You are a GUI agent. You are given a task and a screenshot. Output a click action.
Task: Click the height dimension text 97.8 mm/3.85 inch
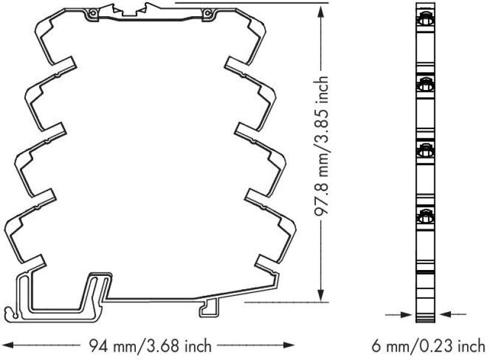[324, 146]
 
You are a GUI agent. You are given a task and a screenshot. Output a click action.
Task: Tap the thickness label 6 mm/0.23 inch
[427, 346]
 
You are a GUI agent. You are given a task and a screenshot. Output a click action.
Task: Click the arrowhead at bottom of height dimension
[323, 296]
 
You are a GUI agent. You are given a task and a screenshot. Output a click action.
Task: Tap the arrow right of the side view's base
[447, 313]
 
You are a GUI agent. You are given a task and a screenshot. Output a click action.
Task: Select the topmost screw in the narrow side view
[425, 19]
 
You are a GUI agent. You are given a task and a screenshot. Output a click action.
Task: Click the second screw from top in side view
[425, 86]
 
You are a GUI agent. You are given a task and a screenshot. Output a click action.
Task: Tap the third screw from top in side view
[425, 150]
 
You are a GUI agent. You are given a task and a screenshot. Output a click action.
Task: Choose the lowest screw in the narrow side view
[425, 215]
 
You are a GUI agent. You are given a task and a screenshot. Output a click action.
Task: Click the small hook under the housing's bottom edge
[207, 307]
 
